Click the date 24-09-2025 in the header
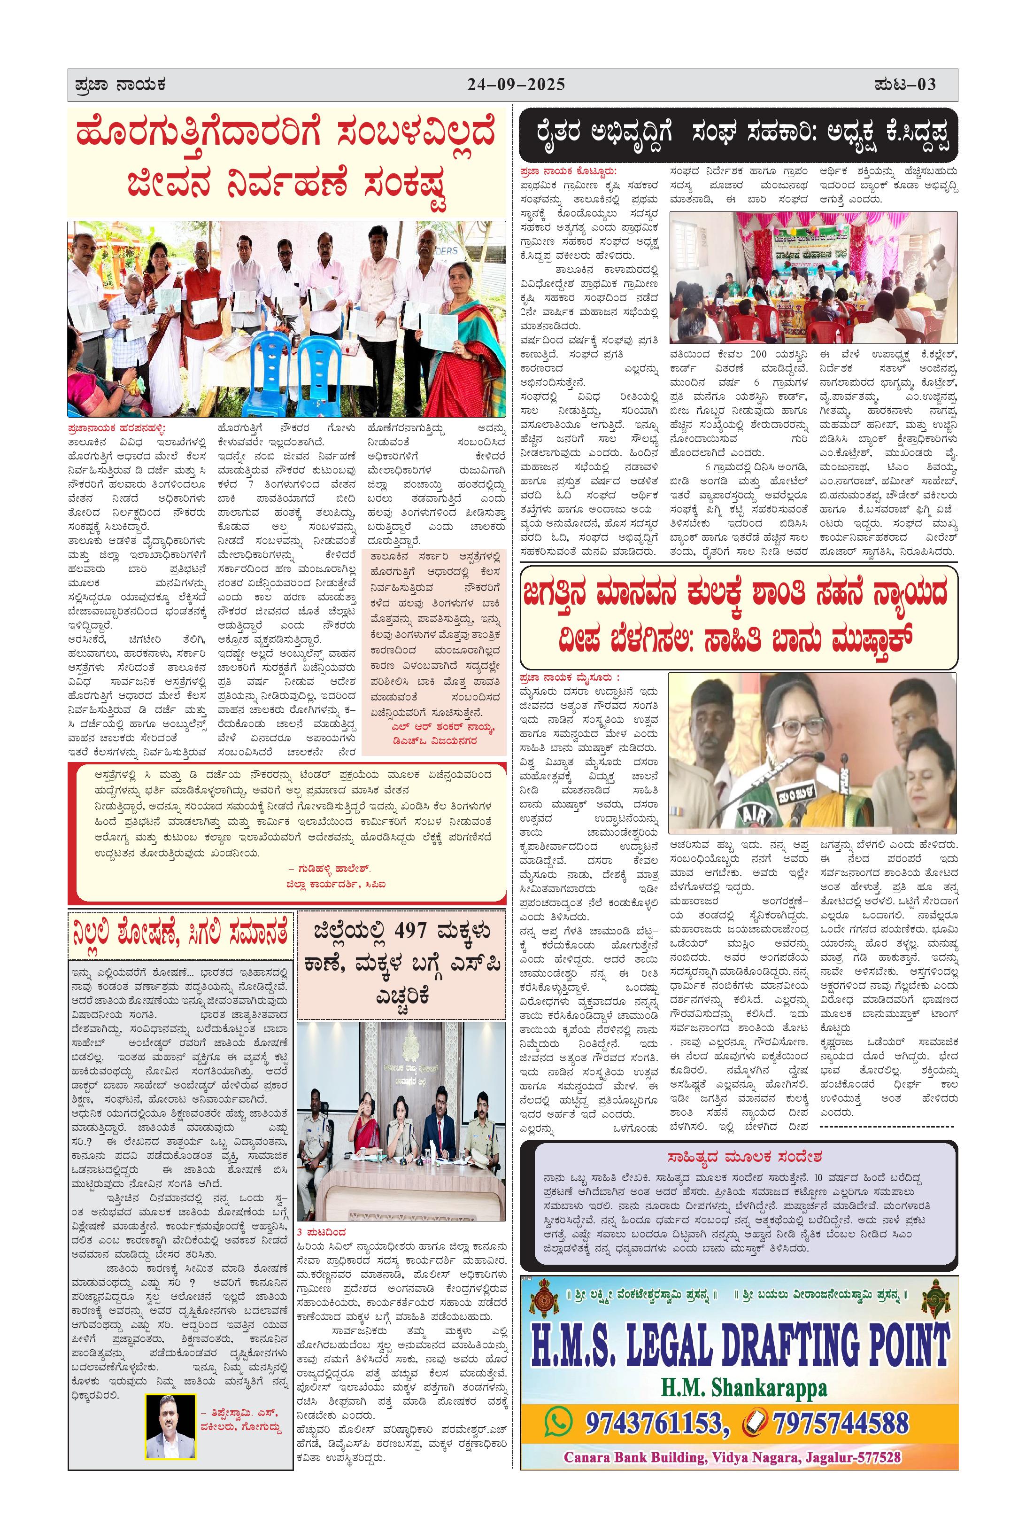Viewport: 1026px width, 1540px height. coord(516,85)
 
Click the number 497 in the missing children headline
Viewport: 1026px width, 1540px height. coord(410,931)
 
